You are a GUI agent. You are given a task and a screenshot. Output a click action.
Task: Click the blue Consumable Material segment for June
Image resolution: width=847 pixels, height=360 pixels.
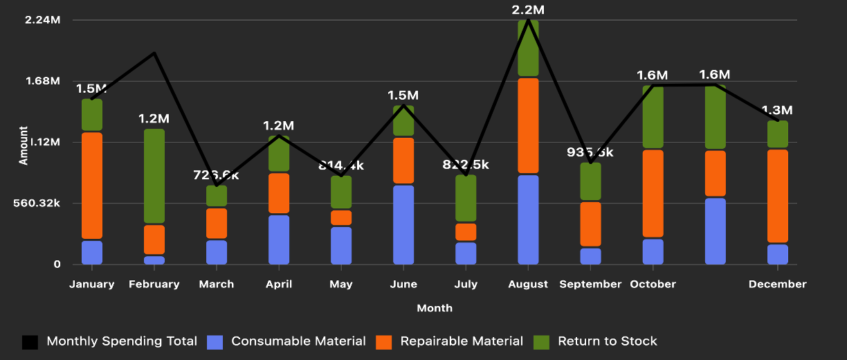click(403, 224)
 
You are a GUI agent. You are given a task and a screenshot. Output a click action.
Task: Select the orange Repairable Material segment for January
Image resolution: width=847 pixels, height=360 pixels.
click(92, 186)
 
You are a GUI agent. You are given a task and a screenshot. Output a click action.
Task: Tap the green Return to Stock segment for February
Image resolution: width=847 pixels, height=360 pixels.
click(154, 176)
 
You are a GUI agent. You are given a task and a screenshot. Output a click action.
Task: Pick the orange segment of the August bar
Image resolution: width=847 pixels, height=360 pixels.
click(528, 125)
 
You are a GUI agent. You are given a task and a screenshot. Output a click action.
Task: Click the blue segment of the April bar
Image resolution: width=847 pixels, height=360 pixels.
click(279, 240)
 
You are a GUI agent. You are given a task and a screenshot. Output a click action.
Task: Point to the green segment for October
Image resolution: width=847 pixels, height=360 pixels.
click(653, 116)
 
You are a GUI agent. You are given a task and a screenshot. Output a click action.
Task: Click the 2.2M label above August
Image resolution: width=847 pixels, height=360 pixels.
click(528, 10)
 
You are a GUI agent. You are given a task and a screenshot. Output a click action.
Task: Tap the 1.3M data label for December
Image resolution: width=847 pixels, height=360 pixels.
click(777, 110)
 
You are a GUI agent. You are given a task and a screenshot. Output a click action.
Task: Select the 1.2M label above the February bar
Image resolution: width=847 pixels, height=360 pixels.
click(154, 118)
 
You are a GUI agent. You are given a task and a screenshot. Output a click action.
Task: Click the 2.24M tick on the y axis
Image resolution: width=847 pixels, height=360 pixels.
click(42, 20)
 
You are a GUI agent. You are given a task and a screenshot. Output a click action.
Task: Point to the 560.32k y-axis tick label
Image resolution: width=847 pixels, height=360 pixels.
click(37, 204)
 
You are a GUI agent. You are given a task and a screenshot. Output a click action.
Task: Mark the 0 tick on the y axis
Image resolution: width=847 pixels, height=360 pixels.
click(57, 264)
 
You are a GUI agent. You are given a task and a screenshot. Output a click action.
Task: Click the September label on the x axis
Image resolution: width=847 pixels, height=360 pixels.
click(590, 285)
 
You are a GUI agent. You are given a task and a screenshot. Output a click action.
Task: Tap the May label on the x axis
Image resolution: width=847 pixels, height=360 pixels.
click(341, 285)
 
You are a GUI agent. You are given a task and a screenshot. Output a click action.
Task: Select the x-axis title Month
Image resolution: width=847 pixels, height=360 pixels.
click(435, 308)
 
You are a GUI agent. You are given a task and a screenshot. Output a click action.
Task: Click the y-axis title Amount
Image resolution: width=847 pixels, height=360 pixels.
click(24, 145)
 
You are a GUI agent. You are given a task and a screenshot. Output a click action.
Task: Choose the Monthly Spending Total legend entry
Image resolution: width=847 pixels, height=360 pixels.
click(121, 341)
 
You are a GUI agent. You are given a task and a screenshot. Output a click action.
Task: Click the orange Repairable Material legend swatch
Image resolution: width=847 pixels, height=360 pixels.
click(383, 341)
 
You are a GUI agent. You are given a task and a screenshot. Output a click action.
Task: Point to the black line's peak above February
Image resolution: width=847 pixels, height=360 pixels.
click(154, 53)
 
